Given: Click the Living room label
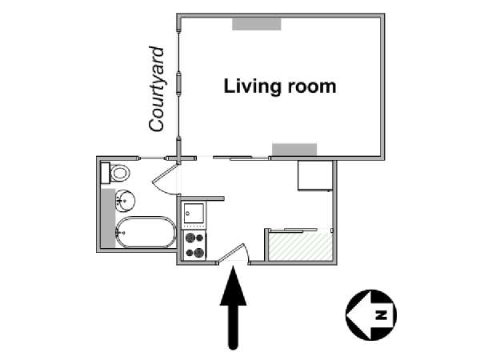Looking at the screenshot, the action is [280, 86].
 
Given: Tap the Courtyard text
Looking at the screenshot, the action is [157, 89].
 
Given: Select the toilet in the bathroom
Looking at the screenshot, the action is [119, 173].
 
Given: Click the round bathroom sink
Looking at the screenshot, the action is [125, 201].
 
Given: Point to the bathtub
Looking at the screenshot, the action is [146, 232].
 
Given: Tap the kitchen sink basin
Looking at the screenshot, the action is [194, 213].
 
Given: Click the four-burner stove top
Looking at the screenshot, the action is [194, 245].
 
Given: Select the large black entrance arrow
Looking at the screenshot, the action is [234, 307].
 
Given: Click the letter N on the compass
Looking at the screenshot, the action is [381, 315].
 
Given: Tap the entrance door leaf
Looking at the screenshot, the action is [231, 253].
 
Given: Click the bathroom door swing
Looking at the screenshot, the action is [164, 181].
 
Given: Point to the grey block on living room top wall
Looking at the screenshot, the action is [257, 24].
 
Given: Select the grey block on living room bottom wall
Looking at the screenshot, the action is [294, 150].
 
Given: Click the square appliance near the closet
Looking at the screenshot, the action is [314, 175].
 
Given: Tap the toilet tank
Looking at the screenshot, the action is [106, 173].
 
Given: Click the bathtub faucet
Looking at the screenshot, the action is [120, 233].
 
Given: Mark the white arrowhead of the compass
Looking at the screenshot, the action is [358, 314].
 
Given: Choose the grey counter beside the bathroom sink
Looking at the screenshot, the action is [108, 218].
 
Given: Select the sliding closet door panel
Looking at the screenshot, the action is [294, 230].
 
